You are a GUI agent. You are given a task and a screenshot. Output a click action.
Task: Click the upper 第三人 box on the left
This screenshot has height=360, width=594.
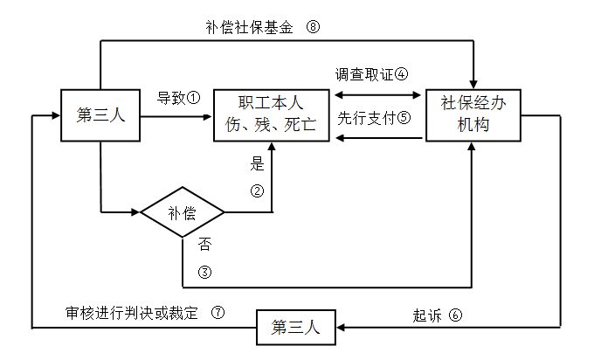point(100,114)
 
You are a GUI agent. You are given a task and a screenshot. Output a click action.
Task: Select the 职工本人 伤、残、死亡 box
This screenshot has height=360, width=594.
point(272,114)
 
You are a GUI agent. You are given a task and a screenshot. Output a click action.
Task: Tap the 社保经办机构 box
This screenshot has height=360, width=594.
point(476,114)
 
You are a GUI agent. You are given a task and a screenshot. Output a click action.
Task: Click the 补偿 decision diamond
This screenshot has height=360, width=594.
point(183,212)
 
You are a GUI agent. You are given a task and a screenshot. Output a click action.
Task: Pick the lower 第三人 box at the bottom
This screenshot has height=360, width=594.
point(296,329)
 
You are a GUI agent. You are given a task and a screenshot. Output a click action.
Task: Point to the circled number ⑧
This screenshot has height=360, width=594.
point(313,26)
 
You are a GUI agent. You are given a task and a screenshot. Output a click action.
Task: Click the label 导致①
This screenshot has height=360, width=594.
point(178,96)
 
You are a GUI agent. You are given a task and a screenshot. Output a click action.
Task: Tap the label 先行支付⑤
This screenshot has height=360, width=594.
point(374,117)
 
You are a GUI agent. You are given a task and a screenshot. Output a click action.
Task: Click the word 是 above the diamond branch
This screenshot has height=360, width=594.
point(257,163)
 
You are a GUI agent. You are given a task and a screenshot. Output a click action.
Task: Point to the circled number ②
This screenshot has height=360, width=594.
point(257,191)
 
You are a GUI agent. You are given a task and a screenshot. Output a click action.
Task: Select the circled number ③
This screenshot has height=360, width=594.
point(204,272)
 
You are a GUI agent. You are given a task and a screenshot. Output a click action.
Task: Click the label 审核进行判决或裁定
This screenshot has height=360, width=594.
point(133,311)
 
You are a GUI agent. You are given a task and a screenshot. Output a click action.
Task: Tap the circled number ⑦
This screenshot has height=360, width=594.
point(218,311)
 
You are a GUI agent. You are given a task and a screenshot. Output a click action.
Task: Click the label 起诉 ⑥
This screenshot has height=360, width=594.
point(436,315)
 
